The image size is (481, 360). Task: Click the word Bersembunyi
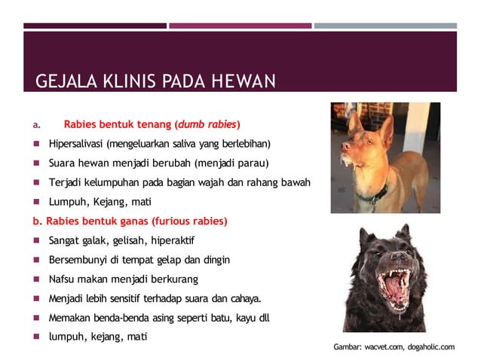(x=80, y=260)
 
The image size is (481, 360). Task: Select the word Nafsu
(x=62, y=279)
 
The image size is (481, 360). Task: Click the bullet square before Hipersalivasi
(x=36, y=144)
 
